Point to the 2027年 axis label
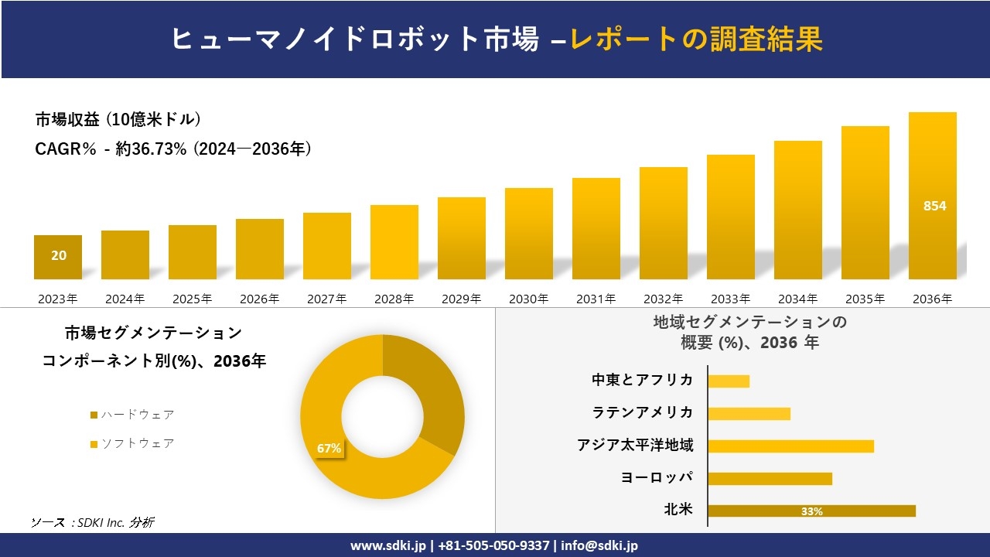pos(327,299)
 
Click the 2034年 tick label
pos(797,299)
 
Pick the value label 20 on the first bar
pos(59,255)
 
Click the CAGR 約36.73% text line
pos(173,149)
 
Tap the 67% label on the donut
pos(329,448)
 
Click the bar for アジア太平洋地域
pos(790,446)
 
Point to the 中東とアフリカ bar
pos(729,381)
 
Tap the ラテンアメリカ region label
pos(643,412)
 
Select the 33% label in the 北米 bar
pos(811,511)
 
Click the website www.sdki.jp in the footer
pos(387,545)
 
